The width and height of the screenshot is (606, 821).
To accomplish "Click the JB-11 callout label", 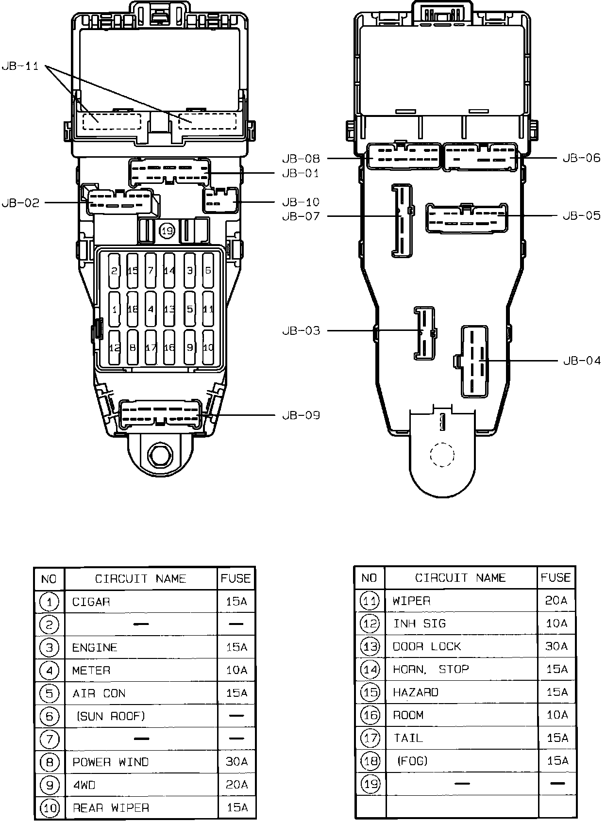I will pos(20,66).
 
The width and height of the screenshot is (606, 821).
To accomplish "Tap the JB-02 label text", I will pos(20,203).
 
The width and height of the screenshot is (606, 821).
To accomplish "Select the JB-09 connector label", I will pos(301,415).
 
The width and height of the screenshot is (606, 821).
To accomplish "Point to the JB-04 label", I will pos(582,361).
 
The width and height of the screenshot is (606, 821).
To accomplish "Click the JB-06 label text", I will pos(582,158).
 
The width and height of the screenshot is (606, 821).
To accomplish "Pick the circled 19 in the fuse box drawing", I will pos(167,231).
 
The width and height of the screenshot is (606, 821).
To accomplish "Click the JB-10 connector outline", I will pos(220,201).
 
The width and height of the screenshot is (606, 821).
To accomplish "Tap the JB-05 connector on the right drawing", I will pos(466,218).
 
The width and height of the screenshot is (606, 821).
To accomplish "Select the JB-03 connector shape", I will pos(424,333).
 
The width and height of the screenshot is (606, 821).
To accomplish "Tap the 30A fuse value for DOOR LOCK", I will pos(556,647).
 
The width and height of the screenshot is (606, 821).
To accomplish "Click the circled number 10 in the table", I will pos(50,808).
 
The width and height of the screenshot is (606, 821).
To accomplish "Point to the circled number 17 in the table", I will pos(370,739).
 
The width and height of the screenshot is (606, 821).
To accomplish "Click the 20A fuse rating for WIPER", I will pos(556,601).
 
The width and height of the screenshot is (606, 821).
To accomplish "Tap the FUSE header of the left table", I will pos(236,578).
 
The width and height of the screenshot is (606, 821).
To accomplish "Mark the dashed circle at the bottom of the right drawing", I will pos(442,455).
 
